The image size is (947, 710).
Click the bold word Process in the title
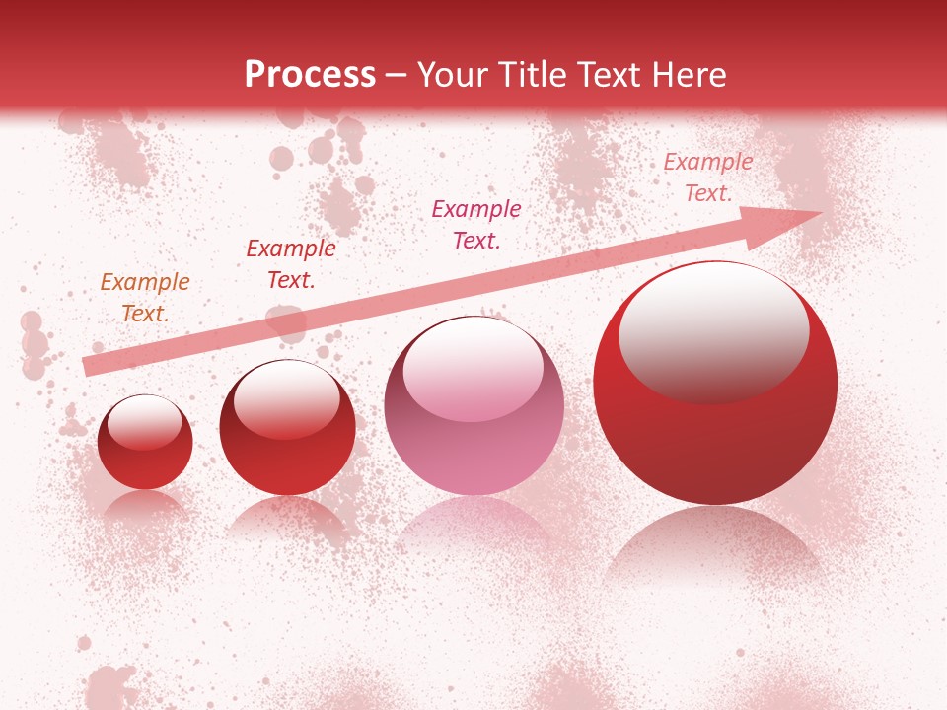(x=310, y=75)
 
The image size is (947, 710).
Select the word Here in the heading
(x=690, y=75)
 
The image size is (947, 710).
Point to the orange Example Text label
(x=145, y=298)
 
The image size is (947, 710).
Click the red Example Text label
(x=290, y=264)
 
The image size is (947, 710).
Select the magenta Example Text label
(x=476, y=224)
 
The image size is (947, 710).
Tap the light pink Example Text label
(x=707, y=177)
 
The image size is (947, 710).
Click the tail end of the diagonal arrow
(x=87, y=367)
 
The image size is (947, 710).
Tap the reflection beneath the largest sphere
(x=715, y=542)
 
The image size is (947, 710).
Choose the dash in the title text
(x=397, y=75)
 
